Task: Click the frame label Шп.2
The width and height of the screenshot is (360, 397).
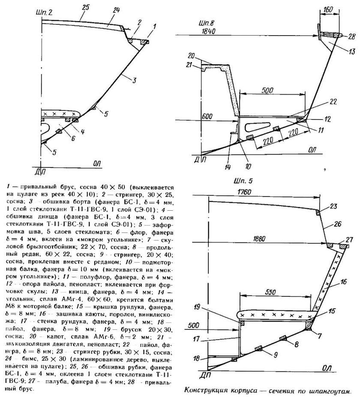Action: pyautogui.click(x=45, y=13)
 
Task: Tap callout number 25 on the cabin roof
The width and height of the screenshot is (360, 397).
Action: pyautogui.click(x=85, y=7)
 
